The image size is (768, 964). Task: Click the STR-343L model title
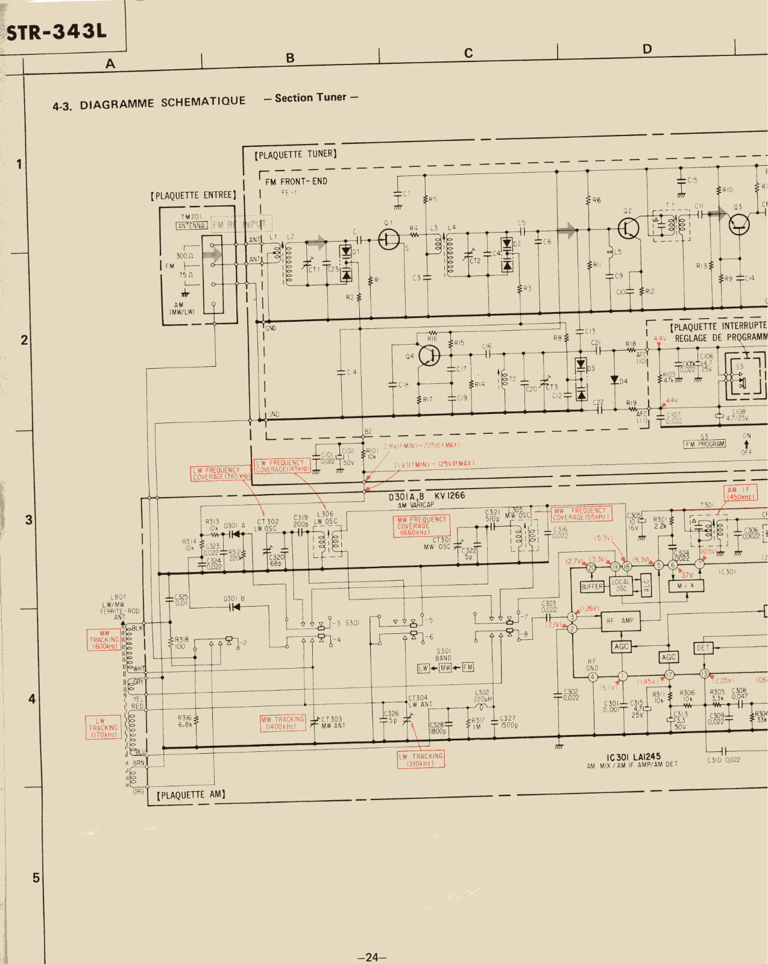click(57, 31)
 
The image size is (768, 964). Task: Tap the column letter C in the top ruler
click(468, 54)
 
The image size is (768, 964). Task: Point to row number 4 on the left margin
click(32, 699)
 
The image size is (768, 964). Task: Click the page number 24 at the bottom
click(372, 957)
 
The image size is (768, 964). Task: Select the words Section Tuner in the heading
click(310, 98)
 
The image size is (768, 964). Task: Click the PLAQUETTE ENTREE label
click(194, 195)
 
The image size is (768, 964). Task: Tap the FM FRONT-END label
click(296, 181)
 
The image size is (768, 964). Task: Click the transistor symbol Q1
click(389, 239)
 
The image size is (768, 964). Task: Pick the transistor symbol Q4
click(429, 355)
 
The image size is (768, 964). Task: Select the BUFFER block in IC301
click(591, 586)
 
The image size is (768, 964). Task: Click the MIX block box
click(686, 585)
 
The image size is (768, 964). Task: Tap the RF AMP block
click(620, 621)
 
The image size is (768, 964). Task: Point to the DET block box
click(703, 648)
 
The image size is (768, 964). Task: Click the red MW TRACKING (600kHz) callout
click(104, 640)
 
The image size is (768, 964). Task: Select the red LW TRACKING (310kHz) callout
click(421, 760)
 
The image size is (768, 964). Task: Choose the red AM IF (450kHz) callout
click(740, 493)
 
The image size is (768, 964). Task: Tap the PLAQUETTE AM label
click(191, 795)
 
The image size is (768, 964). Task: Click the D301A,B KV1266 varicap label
click(426, 496)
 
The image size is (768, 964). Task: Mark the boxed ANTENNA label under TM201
click(192, 226)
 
